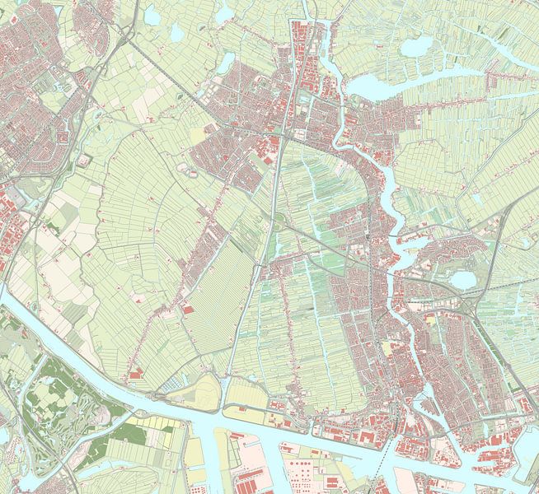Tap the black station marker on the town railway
366,238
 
